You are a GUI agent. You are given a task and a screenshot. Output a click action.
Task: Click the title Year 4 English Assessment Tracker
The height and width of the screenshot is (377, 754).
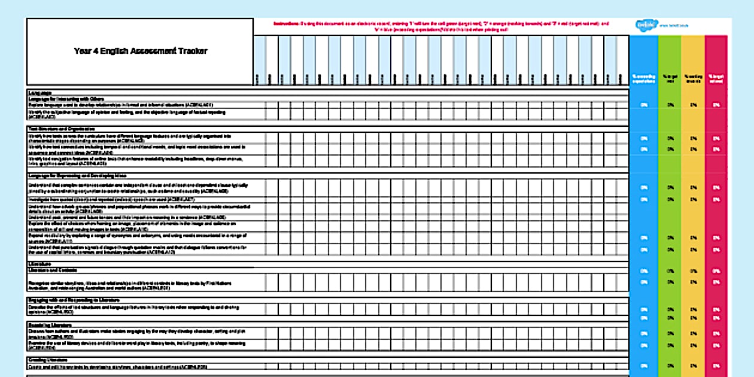pos(141,51)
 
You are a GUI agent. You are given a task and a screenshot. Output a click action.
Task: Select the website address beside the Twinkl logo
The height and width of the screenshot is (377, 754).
pos(670,26)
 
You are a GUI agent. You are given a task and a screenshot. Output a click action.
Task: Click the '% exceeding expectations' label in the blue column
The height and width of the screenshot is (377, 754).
pos(644,79)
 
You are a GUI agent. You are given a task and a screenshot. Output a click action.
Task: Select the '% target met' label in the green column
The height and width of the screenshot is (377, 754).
pos(670,79)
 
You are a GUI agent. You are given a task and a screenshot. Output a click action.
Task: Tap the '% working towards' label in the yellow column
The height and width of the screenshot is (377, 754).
pos(693,79)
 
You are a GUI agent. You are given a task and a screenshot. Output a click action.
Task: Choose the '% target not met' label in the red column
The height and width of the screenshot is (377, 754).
pos(716,79)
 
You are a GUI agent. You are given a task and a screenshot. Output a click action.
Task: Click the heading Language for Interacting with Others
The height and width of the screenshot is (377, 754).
pos(66,99)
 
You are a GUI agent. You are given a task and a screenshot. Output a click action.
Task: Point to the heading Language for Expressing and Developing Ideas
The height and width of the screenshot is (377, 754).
pos(76,175)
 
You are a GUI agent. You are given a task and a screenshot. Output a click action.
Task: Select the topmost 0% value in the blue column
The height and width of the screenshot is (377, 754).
pos(644,105)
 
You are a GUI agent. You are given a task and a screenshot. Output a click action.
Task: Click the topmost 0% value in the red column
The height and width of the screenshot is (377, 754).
pos(716,105)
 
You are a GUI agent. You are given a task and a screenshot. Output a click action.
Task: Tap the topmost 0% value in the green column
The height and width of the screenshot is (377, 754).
pos(670,105)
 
